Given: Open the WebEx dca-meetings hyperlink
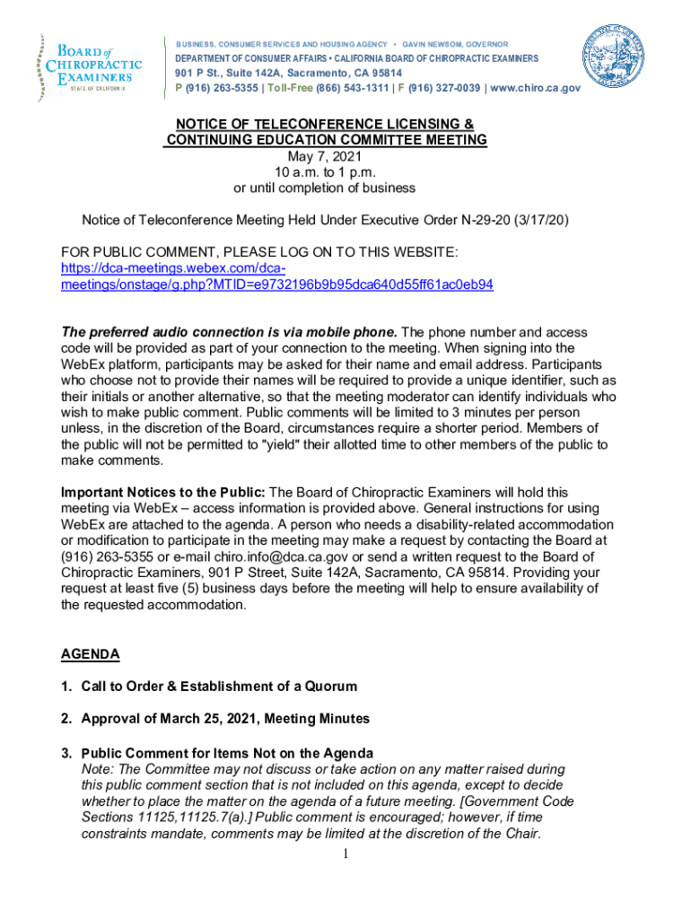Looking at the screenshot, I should [x=276, y=276].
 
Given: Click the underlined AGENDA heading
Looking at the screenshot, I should [x=90, y=654].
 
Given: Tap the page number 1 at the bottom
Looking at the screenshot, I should [x=345, y=853].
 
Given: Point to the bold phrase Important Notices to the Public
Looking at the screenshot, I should [x=162, y=492].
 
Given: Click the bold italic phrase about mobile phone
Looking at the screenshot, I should [x=229, y=331].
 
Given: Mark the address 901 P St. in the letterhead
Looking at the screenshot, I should [x=199, y=73].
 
